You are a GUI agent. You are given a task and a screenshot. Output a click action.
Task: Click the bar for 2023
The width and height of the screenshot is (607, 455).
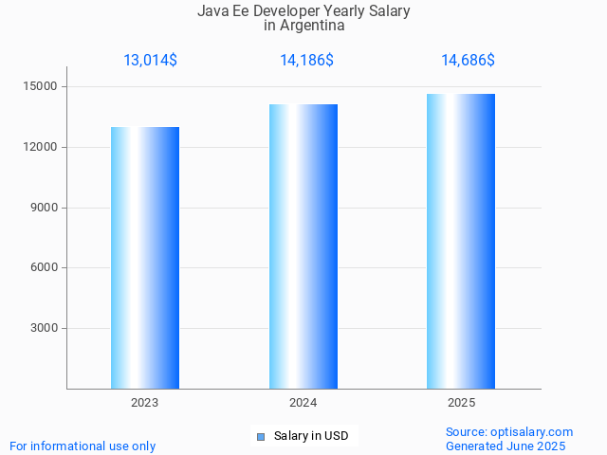[x=145, y=258]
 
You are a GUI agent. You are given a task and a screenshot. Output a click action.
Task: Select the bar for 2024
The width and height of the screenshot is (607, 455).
[x=303, y=246]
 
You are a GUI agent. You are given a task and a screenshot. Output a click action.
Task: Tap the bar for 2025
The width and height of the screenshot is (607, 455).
[x=461, y=242]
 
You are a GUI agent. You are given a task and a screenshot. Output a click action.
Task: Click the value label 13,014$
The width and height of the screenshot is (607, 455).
[x=150, y=61]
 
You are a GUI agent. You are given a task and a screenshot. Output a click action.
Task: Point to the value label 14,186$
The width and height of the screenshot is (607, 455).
[x=306, y=61]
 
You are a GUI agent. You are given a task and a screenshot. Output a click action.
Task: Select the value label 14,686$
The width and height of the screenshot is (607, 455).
[x=468, y=61]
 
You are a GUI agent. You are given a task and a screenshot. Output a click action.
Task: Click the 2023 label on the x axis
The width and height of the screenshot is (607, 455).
[x=145, y=403]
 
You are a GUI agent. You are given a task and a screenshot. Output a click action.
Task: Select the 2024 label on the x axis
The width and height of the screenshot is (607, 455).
[x=303, y=403]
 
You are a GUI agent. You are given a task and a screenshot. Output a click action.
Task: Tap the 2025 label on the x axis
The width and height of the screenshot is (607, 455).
[x=461, y=403]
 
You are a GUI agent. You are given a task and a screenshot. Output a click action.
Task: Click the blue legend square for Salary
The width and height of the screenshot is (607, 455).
[x=261, y=436]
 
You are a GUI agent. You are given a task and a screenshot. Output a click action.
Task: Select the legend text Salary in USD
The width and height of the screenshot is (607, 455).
[x=311, y=436]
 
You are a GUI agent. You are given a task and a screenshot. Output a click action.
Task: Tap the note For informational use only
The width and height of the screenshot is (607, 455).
[x=83, y=446]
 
